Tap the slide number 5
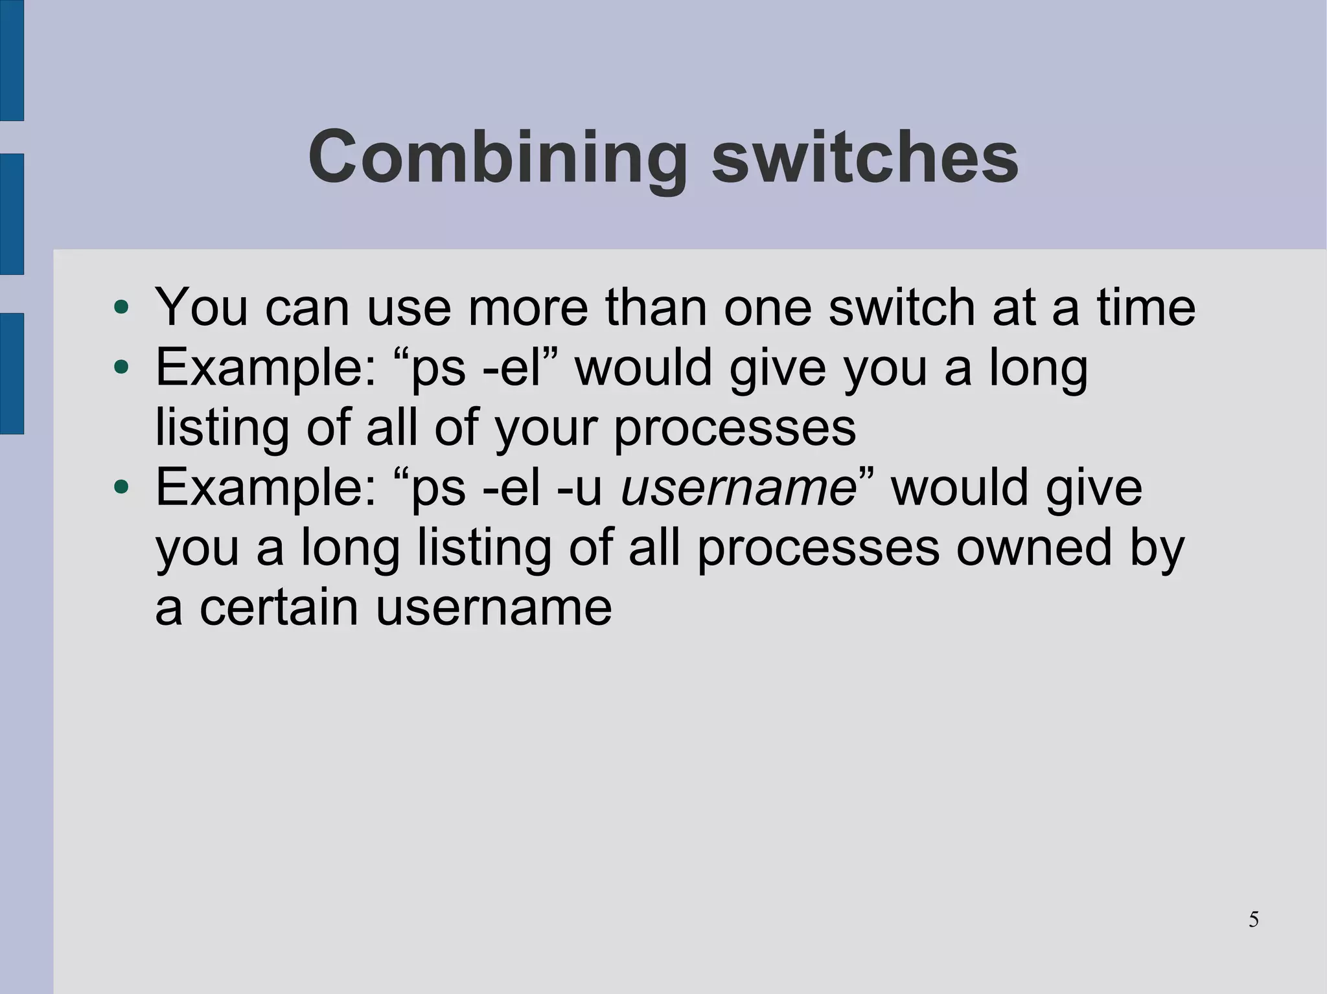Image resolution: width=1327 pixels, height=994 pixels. tap(1254, 920)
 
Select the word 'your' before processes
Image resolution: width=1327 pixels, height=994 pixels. tap(548, 429)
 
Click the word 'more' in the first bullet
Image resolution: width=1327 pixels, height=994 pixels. tap(528, 308)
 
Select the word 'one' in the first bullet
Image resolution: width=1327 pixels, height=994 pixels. tap(768, 308)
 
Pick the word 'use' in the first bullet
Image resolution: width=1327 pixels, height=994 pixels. tap(409, 308)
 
